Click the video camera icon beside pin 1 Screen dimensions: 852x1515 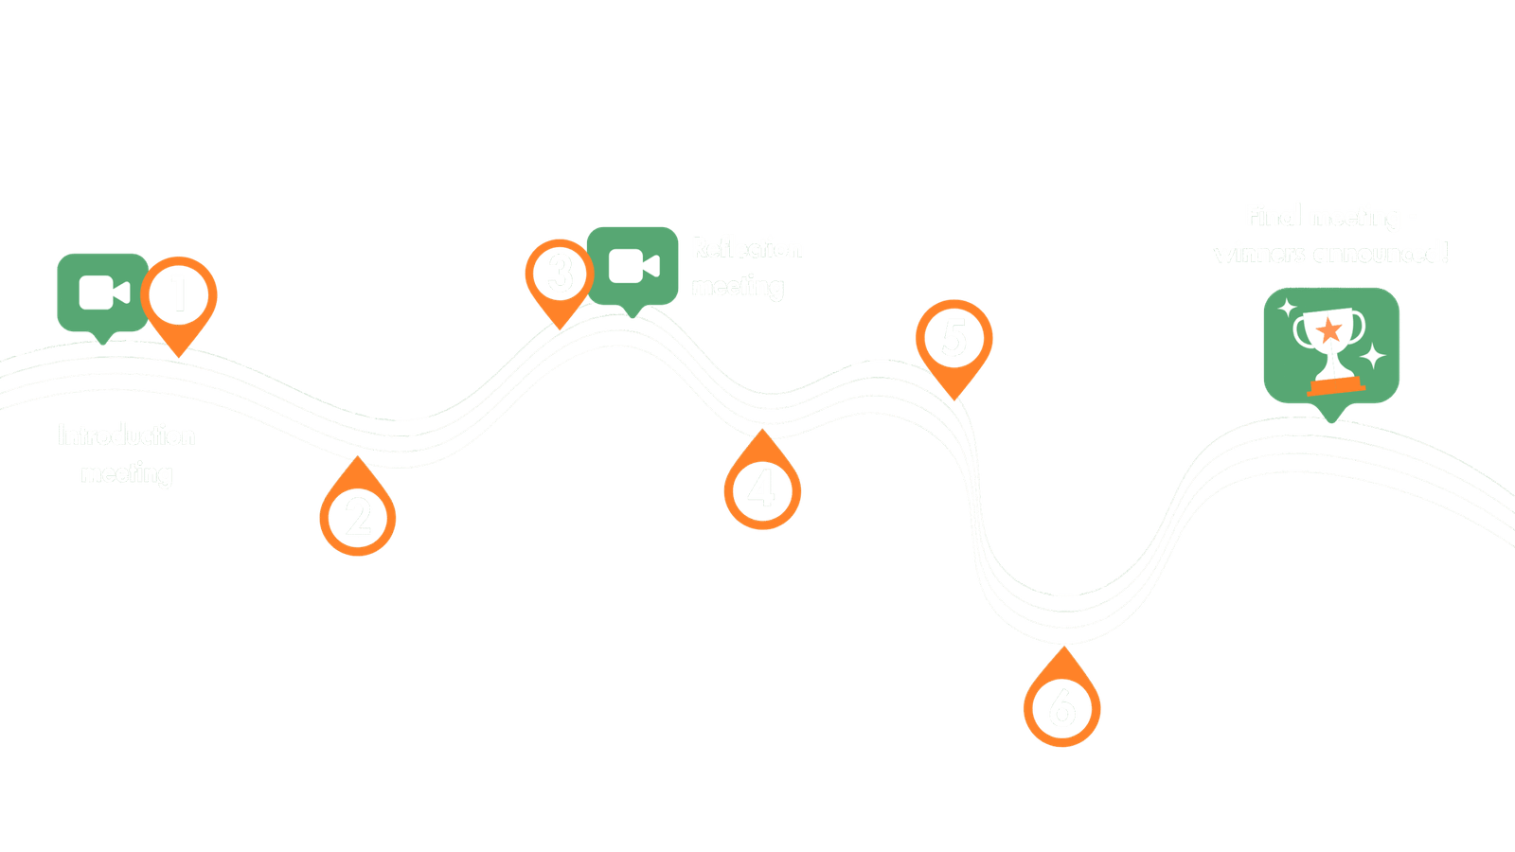coord(103,293)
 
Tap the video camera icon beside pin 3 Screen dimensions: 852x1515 coord(633,266)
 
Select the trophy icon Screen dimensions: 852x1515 coord(1330,346)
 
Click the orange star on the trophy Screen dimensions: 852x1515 coord(1329,330)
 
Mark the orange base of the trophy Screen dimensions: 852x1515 coord(1333,386)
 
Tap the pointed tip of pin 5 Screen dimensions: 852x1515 coord(954,397)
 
